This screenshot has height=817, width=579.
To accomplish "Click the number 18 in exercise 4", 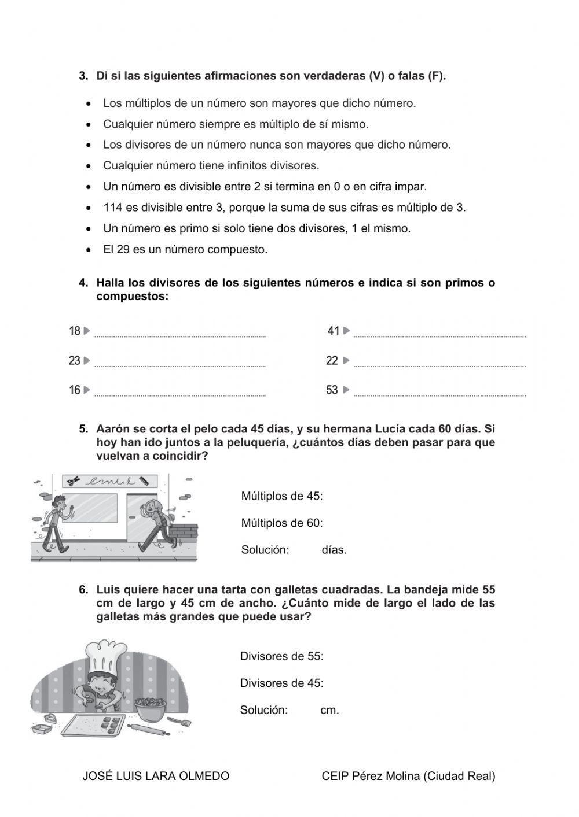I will [x=75, y=331].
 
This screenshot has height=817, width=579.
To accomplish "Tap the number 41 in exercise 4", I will [x=334, y=331].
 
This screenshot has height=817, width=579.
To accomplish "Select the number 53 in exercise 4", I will [x=332, y=390].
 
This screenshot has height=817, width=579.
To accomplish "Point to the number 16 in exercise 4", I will [x=75, y=390].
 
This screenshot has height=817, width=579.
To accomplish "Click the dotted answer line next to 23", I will [x=180, y=364].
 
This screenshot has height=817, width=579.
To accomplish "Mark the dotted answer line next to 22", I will [x=439, y=364].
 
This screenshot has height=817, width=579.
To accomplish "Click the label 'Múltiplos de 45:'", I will [x=282, y=496].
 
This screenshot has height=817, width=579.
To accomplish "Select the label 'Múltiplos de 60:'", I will [x=282, y=523].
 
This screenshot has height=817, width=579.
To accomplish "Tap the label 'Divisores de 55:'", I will [x=281, y=656].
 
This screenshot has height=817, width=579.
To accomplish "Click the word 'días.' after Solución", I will [x=334, y=550].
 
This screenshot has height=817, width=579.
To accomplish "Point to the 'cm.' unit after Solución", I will [x=329, y=709].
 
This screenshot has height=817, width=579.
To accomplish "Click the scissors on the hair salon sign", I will [x=73, y=481].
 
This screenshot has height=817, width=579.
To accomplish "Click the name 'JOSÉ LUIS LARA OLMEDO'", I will [x=156, y=776].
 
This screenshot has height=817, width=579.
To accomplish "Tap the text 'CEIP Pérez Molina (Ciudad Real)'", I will [x=408, y=776].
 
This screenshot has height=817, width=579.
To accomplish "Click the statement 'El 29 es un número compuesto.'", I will [x=185, y=250].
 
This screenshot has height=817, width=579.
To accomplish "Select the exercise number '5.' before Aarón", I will [x=84, y=429].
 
